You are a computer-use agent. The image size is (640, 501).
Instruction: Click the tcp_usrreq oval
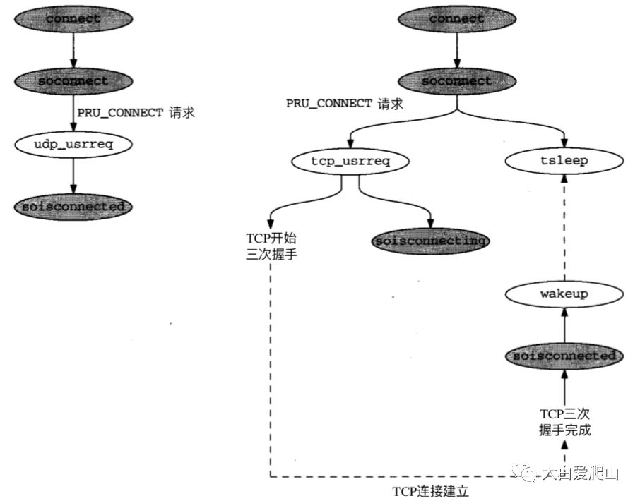(x=350, y=161)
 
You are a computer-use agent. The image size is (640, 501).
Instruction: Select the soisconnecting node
(x=430, y=241)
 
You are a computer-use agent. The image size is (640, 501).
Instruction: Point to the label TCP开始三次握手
(x=268, y=246)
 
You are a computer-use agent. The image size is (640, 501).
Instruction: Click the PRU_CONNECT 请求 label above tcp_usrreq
(x=344, y=104)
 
